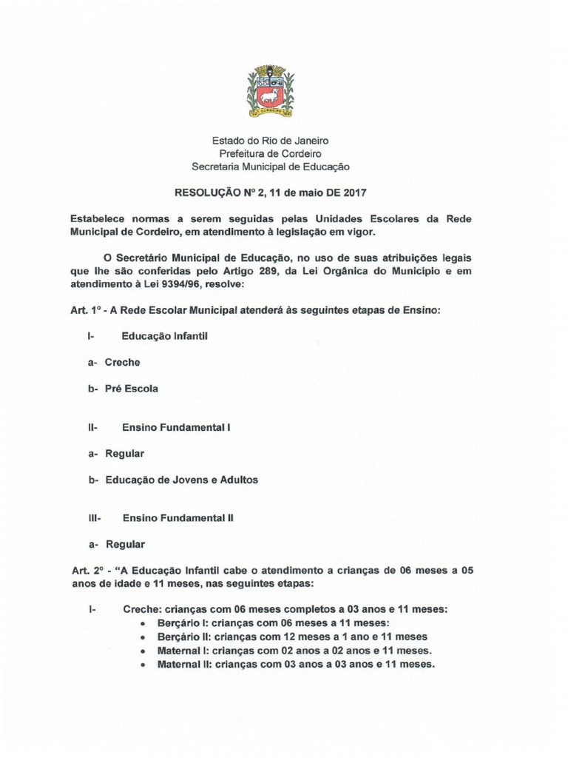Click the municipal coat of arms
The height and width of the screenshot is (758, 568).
270,92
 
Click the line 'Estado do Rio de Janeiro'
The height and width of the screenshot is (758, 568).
270,140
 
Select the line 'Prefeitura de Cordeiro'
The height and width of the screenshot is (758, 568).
270,153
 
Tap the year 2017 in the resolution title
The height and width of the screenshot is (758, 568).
354,192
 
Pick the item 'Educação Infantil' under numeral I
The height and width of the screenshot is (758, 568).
165,336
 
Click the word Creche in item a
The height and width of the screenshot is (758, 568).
123,363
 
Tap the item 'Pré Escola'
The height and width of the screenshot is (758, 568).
131,389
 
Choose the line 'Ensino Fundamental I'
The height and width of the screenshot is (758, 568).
177,427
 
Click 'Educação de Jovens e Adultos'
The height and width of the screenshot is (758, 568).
181,480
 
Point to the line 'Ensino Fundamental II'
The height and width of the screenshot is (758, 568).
178,518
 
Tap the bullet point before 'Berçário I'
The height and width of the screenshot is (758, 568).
143,623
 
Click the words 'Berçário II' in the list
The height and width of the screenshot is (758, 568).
181,637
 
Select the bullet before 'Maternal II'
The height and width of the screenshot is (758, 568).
143,665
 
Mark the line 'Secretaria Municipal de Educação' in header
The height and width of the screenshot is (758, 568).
270,167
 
